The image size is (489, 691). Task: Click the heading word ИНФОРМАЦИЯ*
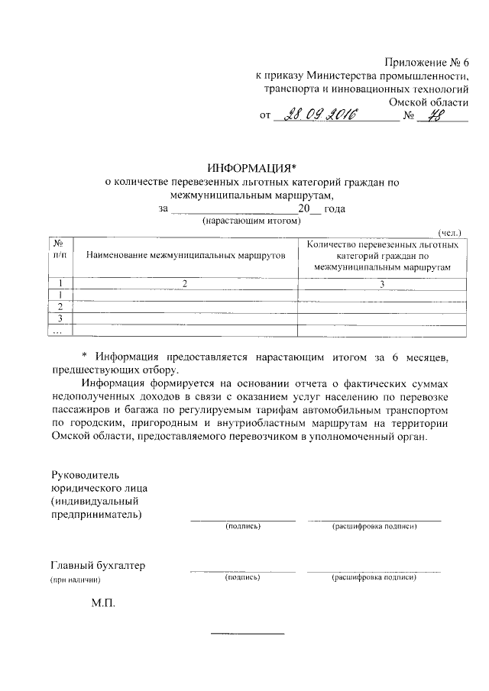pos(251,169)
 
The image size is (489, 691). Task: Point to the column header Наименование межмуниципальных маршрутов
pos(185,253)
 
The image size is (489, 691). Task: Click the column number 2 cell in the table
pos(184,283)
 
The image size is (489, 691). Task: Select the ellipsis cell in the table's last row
pos(57,331)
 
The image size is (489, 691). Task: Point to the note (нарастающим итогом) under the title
pos(251,221)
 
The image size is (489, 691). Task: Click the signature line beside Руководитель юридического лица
pos(243,519)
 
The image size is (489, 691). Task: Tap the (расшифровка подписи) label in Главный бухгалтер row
pos(374,578)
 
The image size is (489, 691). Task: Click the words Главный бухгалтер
pos(97,566)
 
